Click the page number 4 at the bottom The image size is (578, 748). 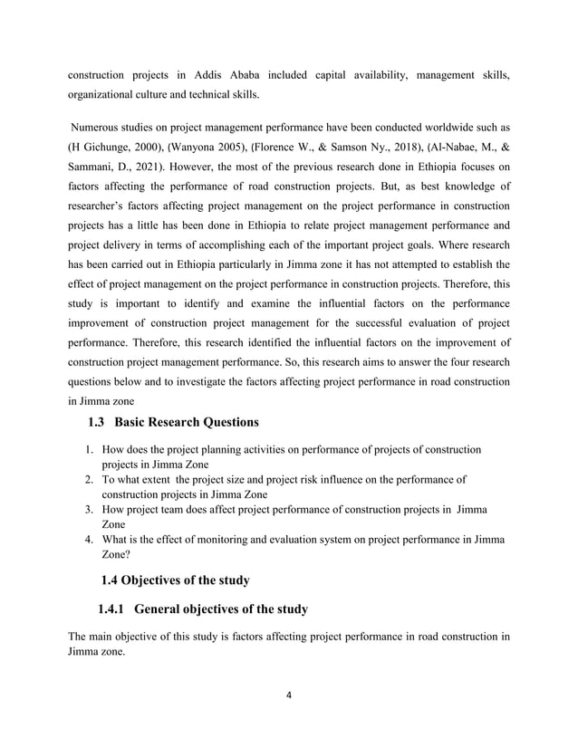click(x=289, y=695)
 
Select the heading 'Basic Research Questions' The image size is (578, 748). click(x=191, y=422)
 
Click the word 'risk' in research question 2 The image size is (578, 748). click(x=308, y=480)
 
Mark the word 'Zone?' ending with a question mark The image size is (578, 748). click(x=116, y=555)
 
